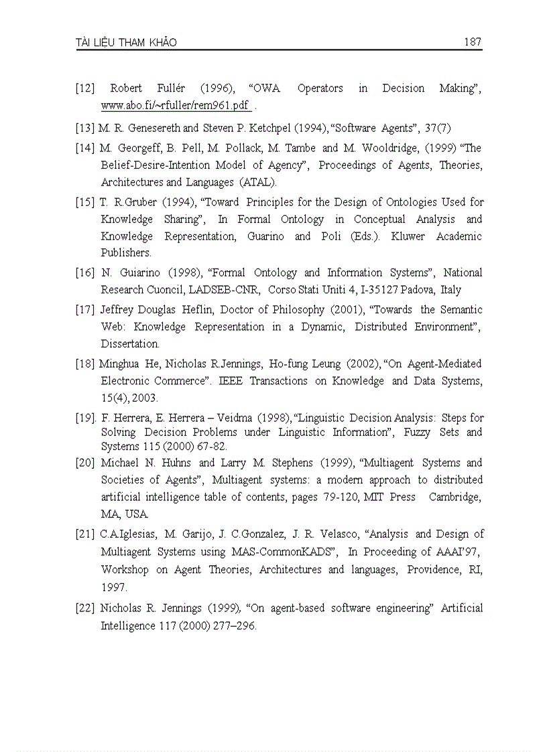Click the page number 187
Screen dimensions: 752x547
pos(473,42)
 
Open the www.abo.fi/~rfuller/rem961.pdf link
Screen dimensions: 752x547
pos(176,106)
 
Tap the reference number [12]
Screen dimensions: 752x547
pos(85,88)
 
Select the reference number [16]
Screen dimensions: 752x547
pos(85,273)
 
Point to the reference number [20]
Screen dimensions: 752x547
pos(85,463)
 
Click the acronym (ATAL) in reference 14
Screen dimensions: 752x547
pos(257,182)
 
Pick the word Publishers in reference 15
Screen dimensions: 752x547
pos(126,253)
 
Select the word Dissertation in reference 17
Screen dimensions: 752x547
pos(130,344)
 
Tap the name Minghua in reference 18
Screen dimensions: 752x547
pos(121,364)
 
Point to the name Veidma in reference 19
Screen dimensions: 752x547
pos(231,418)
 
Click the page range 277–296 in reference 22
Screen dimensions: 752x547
pos(232,626)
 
